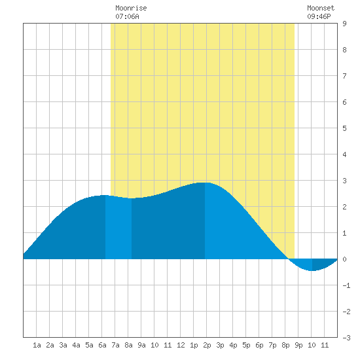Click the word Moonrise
[131, 8]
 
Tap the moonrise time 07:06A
[127, 16]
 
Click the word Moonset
[321, 8]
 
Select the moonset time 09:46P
[319, 16]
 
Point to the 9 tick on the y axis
[344, 24]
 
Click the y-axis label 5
[344, 128]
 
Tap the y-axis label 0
[344, 259]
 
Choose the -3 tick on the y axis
[346, 338]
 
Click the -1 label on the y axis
[346, 285]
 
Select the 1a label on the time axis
[37, 345]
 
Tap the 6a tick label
[102, 345]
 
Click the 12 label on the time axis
[181, 345]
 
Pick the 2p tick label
[207, 345]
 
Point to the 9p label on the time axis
[298, 345]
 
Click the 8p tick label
[285, 345]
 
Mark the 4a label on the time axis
[76, 345]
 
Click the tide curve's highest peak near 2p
[205, 183]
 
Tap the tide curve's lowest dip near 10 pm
[312, 270]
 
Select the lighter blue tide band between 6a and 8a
[118, 227]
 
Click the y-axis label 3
[344, 181]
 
